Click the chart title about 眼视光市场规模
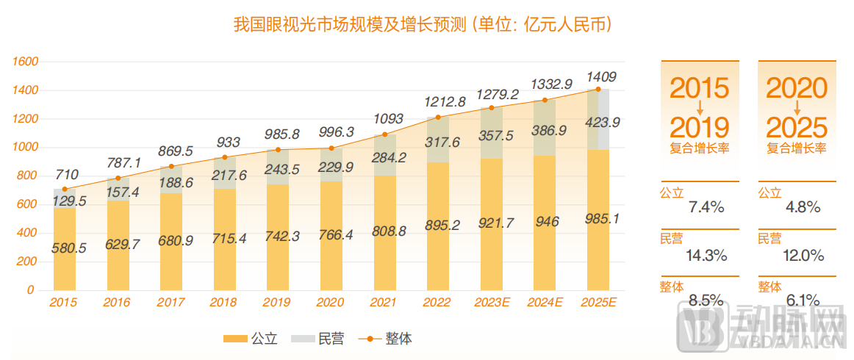point(423,25)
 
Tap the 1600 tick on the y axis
point(26,62)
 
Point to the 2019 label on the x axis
point(277,302)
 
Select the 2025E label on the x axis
point(598,302)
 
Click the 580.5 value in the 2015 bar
point(68,248)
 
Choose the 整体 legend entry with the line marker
point(385,339)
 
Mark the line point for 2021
point(384,134)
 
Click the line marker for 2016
point(118,178)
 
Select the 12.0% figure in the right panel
point(804,256)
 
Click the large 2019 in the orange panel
point(699,127)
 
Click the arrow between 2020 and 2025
point(797,108)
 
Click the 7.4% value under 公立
point(706,207)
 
